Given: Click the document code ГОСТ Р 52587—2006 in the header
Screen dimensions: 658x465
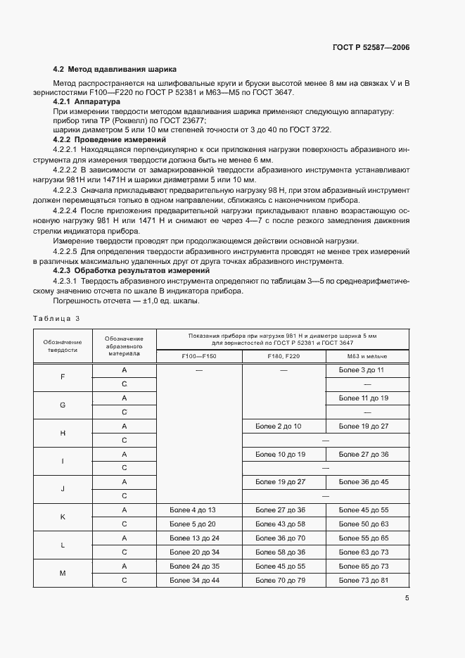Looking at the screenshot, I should [371, 48].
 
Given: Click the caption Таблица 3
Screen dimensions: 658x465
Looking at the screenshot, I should [57, 318].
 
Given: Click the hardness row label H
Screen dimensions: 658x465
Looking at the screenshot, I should [63, 433].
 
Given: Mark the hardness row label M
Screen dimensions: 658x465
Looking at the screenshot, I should [63, 573].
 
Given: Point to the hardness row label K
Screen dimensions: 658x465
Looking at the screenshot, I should [63, 517].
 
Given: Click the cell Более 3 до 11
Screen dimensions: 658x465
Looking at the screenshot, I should [363, 370].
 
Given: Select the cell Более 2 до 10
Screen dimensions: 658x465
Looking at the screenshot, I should [279, 426].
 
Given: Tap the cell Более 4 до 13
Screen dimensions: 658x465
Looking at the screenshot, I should [193, 510].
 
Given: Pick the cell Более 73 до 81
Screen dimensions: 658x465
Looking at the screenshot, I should [363, 580].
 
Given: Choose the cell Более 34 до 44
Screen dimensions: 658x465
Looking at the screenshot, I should [195, 580].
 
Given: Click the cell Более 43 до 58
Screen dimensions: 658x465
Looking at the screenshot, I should [280, 524].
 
